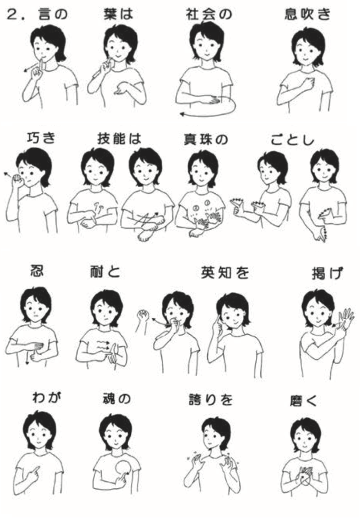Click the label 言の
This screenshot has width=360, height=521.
[x=53, y=14]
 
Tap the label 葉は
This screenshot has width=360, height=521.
[x=119, y=14]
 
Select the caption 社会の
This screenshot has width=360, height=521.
[x=209, y=14]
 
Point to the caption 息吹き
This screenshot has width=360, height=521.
[x=307, y=14]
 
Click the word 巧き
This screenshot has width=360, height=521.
[x=41, y=138]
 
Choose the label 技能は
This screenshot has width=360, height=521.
[x=119, y=139]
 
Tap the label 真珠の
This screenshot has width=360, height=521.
[x=206, y=140]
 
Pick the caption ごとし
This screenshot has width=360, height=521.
[x=293, y=140]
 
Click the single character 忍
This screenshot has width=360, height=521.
[x=37, y=271]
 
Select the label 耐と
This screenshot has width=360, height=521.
[x=105, y=272]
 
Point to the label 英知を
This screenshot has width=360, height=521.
[x=225, y=273]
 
